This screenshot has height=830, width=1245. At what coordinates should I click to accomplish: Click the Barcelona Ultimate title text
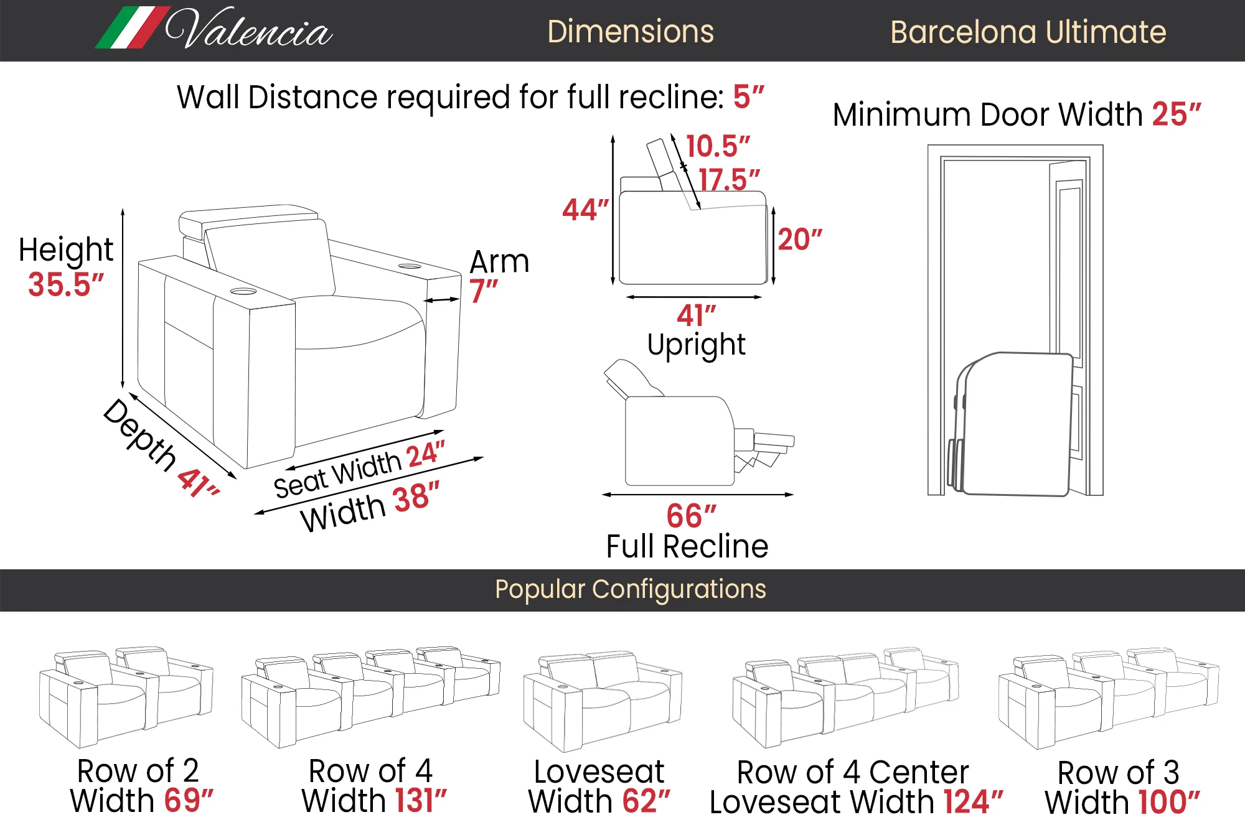click(x=1027, y=32)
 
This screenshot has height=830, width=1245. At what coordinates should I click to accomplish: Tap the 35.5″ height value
click(x=65, y=285)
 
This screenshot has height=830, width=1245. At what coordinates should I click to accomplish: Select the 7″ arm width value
click(x=483, y=291)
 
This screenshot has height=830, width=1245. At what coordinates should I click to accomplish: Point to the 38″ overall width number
click(x=416, y=498)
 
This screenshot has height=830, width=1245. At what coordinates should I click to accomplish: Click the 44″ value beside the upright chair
click(x=584, y=210)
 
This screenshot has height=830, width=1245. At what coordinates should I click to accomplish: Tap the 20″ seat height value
click(x=799, y=240)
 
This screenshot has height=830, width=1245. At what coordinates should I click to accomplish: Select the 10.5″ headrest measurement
click(x=717, y=147)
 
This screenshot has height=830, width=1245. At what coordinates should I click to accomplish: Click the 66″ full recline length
click(x=691, y=516)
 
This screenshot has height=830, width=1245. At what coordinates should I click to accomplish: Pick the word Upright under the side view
click(x=696, y=345)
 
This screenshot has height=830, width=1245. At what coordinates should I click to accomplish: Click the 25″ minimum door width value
click(x=1176, y=114)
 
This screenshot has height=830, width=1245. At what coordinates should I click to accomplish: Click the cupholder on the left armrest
click(x=243, y=291)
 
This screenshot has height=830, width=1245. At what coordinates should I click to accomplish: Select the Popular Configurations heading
click(x=630, y=589)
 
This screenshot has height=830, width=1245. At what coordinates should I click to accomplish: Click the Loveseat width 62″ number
click(x=646, y=801)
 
